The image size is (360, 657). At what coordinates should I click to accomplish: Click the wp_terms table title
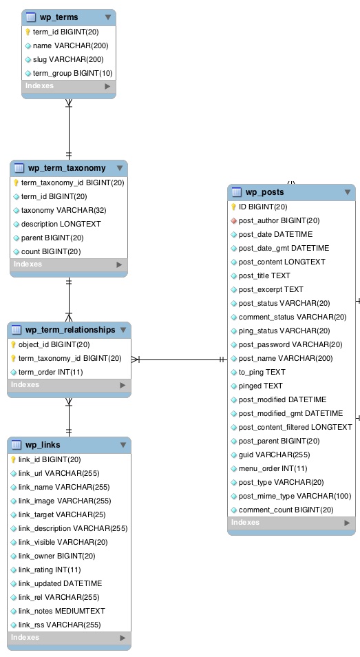59,17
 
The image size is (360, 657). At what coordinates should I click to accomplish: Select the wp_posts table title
264,192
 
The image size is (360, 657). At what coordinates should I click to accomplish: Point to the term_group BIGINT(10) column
72,73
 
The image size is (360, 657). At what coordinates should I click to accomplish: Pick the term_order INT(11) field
50,372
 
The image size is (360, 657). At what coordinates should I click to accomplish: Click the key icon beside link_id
13,459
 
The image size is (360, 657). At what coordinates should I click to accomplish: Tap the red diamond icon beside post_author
234,220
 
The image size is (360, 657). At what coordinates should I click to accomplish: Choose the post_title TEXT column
264,275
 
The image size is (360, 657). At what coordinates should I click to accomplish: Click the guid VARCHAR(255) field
274,455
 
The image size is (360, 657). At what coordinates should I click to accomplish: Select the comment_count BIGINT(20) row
286,510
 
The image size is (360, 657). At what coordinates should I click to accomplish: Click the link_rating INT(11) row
49,570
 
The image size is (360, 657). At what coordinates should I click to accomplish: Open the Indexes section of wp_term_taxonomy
28,264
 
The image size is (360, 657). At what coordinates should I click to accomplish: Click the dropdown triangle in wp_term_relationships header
123,330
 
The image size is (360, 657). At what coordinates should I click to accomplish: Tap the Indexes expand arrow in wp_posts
347,523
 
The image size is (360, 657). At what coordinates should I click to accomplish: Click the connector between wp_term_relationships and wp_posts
179,359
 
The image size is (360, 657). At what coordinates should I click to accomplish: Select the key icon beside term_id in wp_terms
28,32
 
